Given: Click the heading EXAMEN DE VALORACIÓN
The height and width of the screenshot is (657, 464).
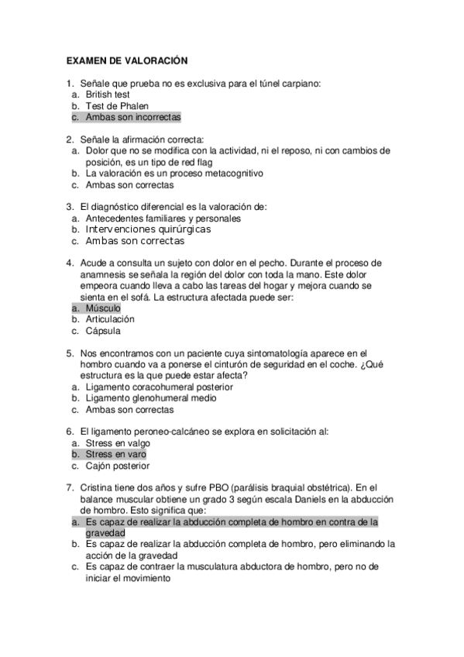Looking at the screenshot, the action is [x=127, y=60].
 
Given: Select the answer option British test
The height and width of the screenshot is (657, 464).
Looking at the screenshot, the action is [x=108, y=94].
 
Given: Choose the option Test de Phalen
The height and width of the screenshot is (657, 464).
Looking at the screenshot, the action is [x=117, y=105].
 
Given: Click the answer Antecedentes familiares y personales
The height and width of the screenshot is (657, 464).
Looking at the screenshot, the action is [x=163, y=218].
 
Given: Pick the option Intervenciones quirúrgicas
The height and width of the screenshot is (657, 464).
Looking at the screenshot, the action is [x=148, y=229].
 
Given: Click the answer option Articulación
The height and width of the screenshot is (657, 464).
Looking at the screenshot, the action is [x=110, y=319].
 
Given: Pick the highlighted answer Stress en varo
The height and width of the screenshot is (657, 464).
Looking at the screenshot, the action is [x=115, y=454].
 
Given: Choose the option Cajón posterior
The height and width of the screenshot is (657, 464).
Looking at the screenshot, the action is [x=118, y=466].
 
